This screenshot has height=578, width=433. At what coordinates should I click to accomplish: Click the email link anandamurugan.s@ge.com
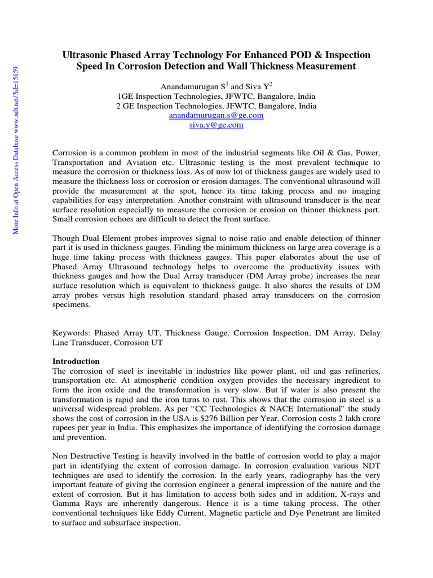point(216,115)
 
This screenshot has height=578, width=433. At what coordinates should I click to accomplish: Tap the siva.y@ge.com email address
point(216,125)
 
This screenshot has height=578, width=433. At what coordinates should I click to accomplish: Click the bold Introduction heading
point(76,361)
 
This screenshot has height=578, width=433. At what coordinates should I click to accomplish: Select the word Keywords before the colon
point(70,334)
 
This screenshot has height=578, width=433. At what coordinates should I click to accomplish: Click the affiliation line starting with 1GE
point(216,95)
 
